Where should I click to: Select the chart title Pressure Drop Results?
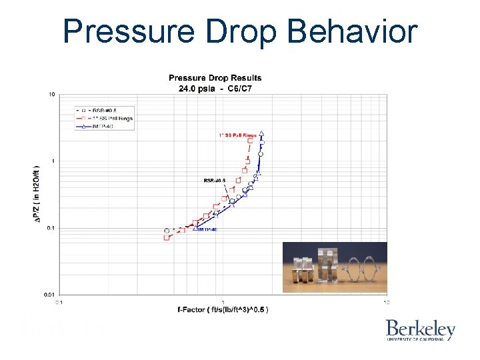click(x=215, y=78)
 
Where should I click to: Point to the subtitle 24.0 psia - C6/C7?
click(x=215, y=88)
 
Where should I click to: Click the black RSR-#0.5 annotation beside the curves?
click(x=215, y=180)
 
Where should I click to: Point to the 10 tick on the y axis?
click(x=51, y=95)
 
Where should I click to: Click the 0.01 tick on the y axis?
click(x=49, y=294)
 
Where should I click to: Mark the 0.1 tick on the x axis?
click(x=58, y=303)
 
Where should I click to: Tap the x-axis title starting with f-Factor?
click(x=223, y=310)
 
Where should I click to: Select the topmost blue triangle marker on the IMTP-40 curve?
click(x=261, y=133)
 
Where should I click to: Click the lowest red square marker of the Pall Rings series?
click(x=167, y=237)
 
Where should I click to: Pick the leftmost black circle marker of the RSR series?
click(x=167, y=231)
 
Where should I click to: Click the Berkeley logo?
click(x=420, y=330)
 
